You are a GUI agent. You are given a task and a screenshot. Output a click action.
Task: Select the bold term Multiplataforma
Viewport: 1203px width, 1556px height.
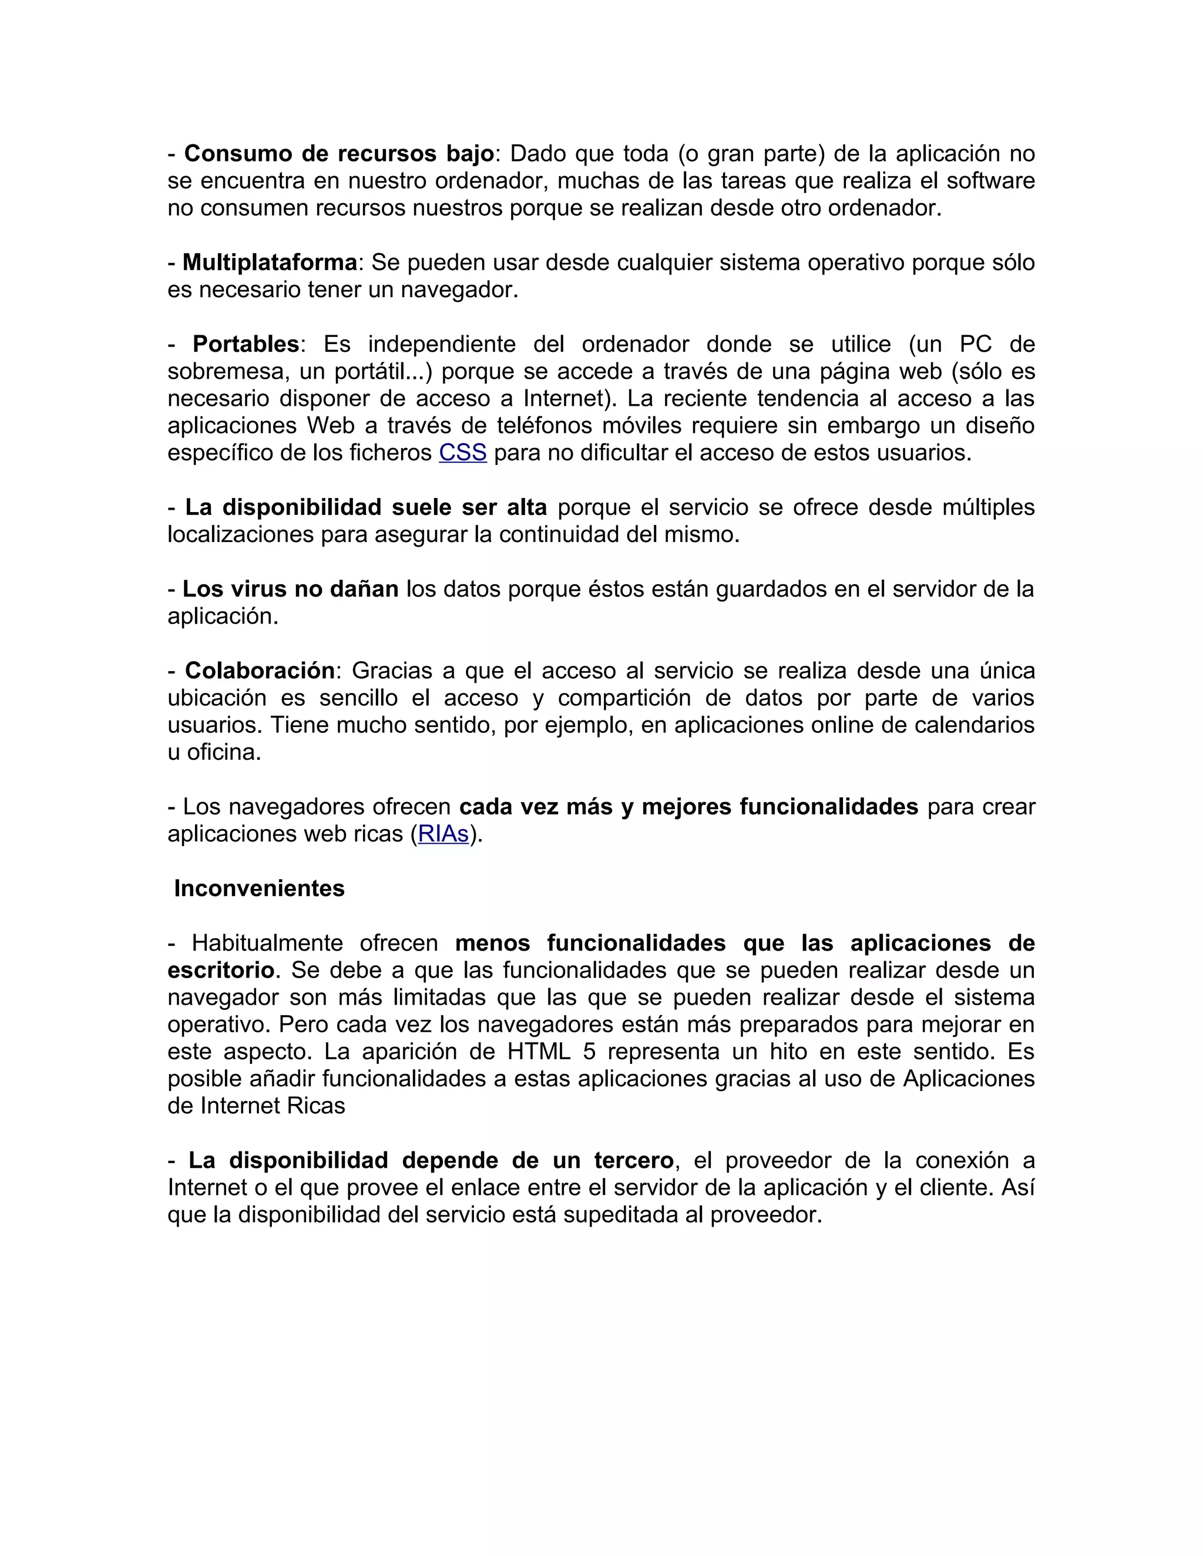click(x=270, y=263)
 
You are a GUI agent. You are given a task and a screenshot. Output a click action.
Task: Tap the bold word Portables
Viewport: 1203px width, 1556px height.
click(x=246, y=344)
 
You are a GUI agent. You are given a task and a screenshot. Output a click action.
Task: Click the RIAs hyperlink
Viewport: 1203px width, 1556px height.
click(x=443, y=834)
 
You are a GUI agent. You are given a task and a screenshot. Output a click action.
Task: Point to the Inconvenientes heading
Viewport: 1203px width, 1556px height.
click(x=260, y=888)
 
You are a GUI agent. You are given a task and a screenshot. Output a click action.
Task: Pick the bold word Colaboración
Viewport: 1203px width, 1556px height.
click(x=260, y=671)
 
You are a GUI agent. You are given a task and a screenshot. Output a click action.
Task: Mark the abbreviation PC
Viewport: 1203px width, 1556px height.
click(x=976, y=344)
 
